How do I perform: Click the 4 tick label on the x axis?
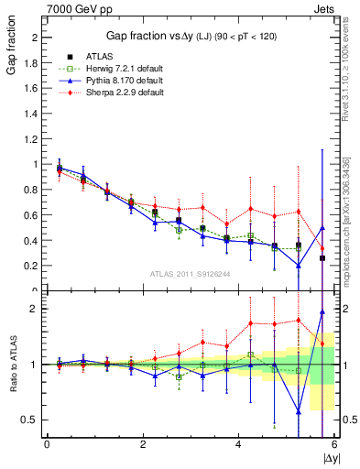coord(238,444)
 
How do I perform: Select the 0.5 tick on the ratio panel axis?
coord(33,420)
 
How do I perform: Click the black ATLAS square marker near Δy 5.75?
coord(322,258)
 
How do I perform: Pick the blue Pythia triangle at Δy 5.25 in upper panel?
coord(298,266)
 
